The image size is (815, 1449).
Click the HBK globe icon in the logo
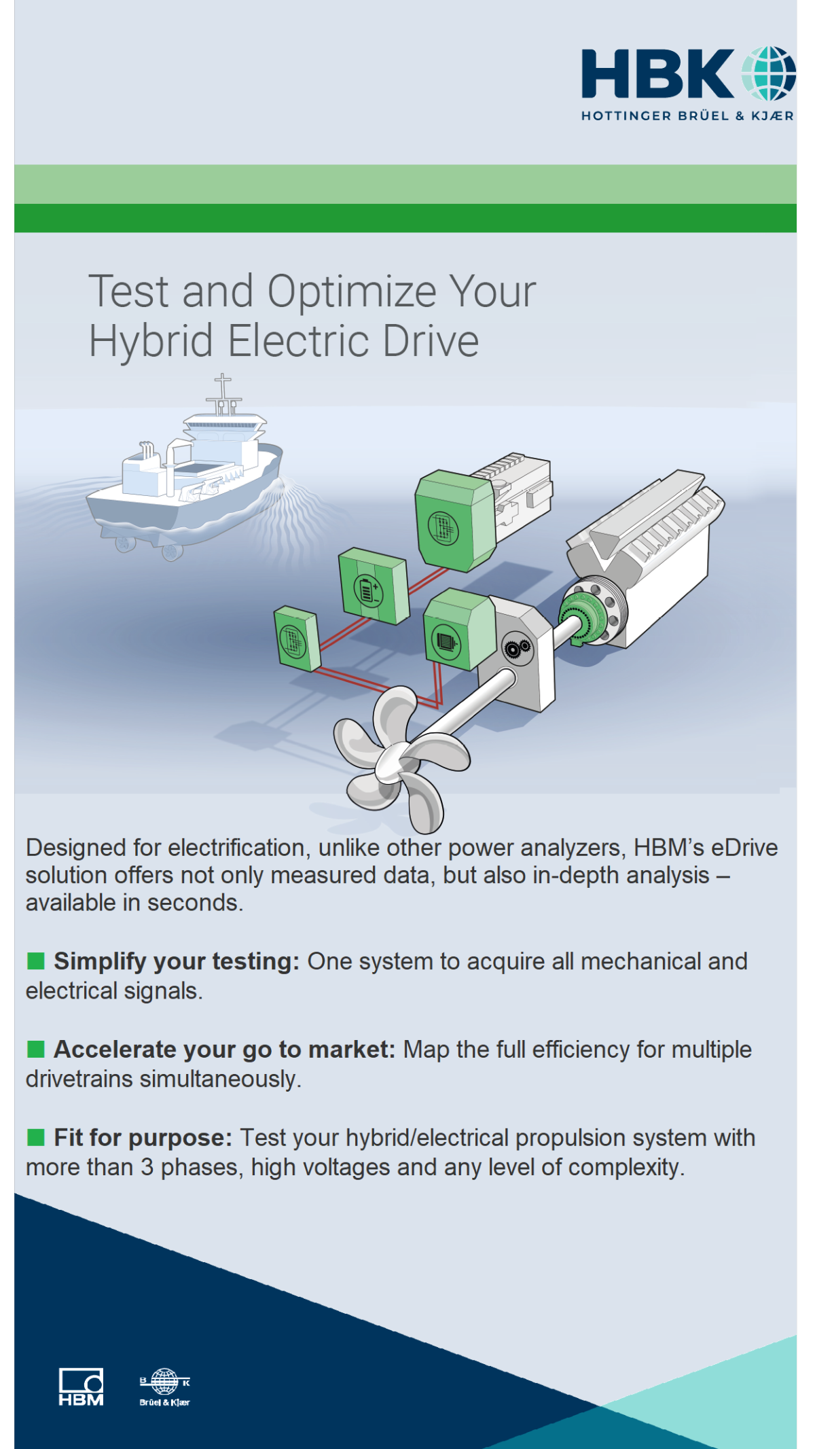click(768, 73)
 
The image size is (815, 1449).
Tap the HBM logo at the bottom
click(81, 1387)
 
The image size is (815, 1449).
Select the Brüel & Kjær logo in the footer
click(164, 1387)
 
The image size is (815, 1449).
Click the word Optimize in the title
click(352, 292)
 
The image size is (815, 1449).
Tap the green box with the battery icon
click(374, 586)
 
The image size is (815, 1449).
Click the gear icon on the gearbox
click(516, 649)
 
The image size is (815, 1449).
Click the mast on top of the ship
click(222, 394)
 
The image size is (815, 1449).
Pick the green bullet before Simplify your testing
click(36, 961)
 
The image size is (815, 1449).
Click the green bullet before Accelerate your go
click(36, 1049)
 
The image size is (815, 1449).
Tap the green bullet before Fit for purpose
click(36, 1137)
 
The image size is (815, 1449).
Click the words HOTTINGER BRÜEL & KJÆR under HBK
click(687, 115)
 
